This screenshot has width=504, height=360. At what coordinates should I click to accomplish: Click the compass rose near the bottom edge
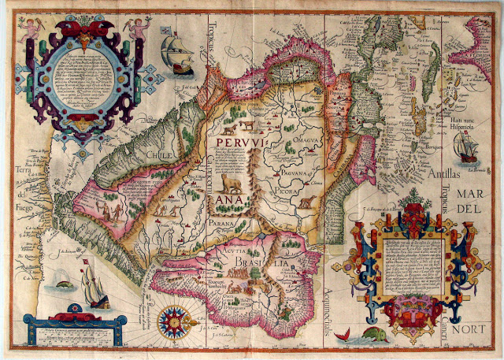[172, 321]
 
